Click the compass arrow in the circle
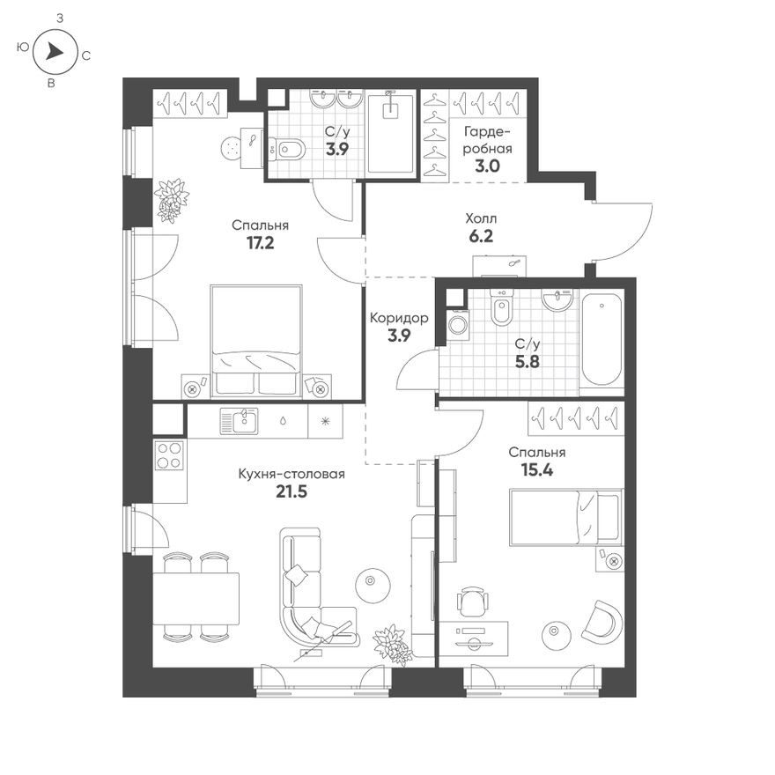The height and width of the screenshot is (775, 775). click(55, 52)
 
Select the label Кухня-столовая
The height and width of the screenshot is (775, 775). click(292, 475)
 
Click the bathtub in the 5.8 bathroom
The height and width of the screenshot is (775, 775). click(601, 339)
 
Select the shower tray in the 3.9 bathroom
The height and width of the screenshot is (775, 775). click(388, 133)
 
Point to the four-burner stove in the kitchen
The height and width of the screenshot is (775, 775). click(169, 455)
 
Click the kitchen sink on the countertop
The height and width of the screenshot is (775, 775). click(239, 422)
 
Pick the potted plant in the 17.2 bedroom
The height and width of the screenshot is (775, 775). click(171, 200)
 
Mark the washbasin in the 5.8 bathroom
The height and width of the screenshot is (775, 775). click(557, 303)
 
